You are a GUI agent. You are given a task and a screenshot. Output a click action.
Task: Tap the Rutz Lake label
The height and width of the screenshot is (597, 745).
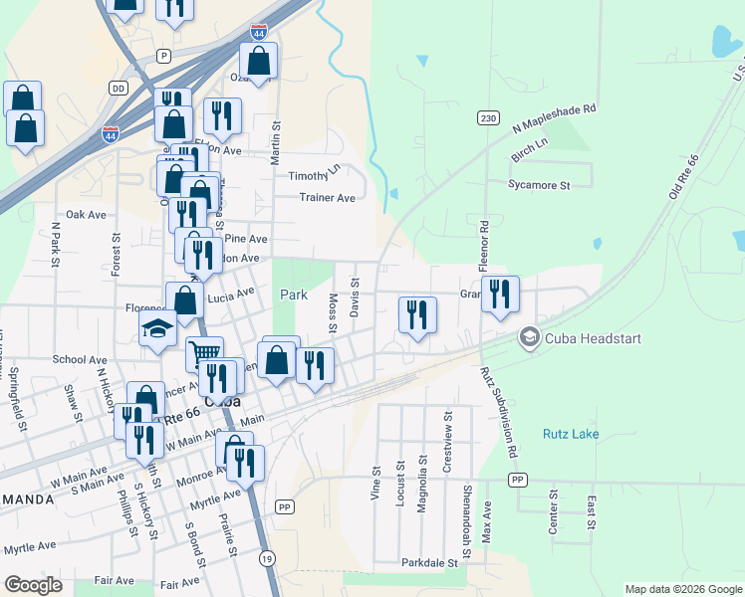coord(571,434)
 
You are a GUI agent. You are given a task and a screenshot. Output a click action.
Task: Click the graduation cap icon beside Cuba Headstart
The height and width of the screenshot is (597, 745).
coord(529,338)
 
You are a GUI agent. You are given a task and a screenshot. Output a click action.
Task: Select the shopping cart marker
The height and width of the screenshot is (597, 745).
coord(204,353)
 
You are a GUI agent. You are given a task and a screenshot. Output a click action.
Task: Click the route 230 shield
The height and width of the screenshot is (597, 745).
coord(487,117)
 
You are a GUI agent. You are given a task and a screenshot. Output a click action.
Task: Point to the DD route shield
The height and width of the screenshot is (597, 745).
coord(120,89)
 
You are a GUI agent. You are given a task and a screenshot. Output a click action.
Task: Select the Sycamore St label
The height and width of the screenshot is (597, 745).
coord(538,185)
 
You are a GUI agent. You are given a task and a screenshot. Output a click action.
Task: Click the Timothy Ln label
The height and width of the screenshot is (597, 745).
coord(315,170)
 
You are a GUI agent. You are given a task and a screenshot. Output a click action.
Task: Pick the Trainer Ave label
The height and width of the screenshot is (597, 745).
coord(328,198)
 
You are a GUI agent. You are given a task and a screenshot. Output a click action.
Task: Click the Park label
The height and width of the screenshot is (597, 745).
coord(294,296)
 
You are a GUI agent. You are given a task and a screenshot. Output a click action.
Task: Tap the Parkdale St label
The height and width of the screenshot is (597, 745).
coord(429,563)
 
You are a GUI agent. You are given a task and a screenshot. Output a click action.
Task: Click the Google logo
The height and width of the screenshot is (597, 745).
coord(33,585)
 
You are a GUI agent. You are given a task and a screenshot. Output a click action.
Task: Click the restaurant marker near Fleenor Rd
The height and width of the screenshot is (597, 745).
coord(500,294)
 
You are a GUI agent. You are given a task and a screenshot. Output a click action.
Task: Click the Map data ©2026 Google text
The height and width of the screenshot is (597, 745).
coord(682,589)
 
